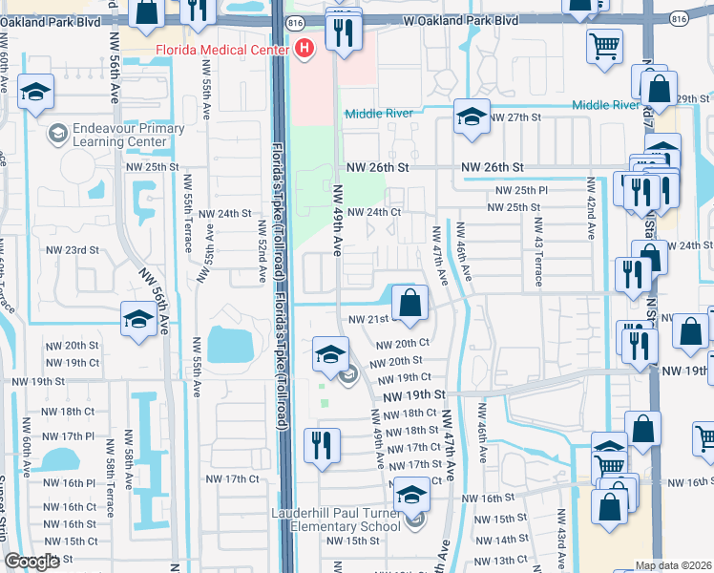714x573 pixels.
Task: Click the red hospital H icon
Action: click(304, 48)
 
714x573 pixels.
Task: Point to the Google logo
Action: click(32, 562)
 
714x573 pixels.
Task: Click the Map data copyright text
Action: click(673, 565)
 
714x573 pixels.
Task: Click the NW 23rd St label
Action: click(73, 250)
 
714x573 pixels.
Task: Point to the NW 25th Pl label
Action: click(517, 190)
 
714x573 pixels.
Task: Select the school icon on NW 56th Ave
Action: click(139, 320)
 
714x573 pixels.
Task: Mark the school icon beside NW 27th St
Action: click(472, 117)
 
